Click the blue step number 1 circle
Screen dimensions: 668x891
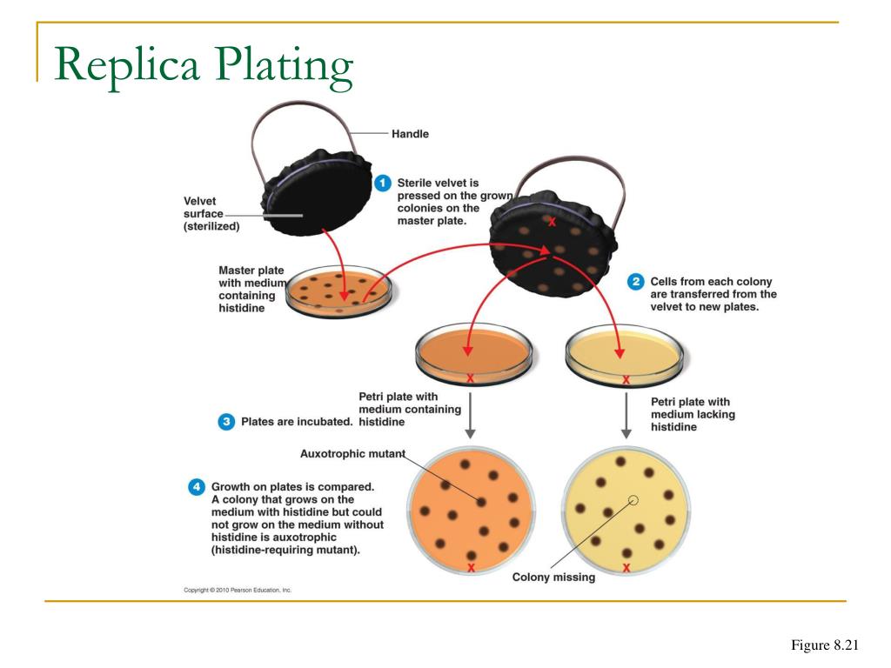click(382, 184)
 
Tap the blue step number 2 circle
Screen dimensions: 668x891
click(636, 282)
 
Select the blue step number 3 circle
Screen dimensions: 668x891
click(225, 422)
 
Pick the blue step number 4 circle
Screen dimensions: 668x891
click(197, 487)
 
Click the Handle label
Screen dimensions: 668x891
click(410, 134)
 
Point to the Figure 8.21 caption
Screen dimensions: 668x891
click(824, 645)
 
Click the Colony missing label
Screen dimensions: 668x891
click(553, 577)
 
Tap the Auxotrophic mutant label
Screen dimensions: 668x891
click(352, 453)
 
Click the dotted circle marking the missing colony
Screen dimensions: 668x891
click(633, 500)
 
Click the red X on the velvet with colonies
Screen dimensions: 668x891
click(552, 222)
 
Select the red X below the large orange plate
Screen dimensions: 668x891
click(471, 568)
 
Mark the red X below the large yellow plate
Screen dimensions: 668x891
click(626, 568)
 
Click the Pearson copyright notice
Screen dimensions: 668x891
click(238, 590)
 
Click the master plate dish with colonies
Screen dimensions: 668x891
click(338, 295)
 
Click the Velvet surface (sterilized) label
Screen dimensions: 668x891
click(211, 214)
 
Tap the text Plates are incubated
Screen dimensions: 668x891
click(296, 422)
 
